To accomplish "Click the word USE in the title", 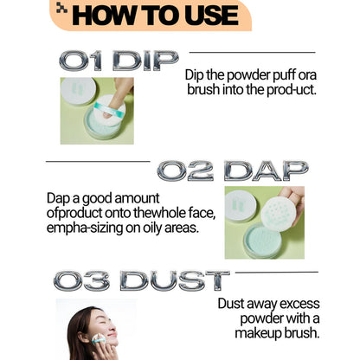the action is tap(211, 15).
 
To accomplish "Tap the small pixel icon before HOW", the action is tap(61, 8).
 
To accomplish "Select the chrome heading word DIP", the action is tap(145, 61).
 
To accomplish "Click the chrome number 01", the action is tap(80, 61).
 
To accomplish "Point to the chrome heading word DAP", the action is tap(266, 170).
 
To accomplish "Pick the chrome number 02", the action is tap(185, 170).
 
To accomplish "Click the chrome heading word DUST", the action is tap(175, 280).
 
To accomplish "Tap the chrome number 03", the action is tap(81, 280).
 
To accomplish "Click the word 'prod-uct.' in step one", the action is tap(292, 90).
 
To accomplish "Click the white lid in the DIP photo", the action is tap(78, 91).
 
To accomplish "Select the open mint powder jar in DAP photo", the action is tap(262, 241).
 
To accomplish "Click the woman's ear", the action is tap(80, 337).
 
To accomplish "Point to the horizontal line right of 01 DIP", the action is tap(252, 53).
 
